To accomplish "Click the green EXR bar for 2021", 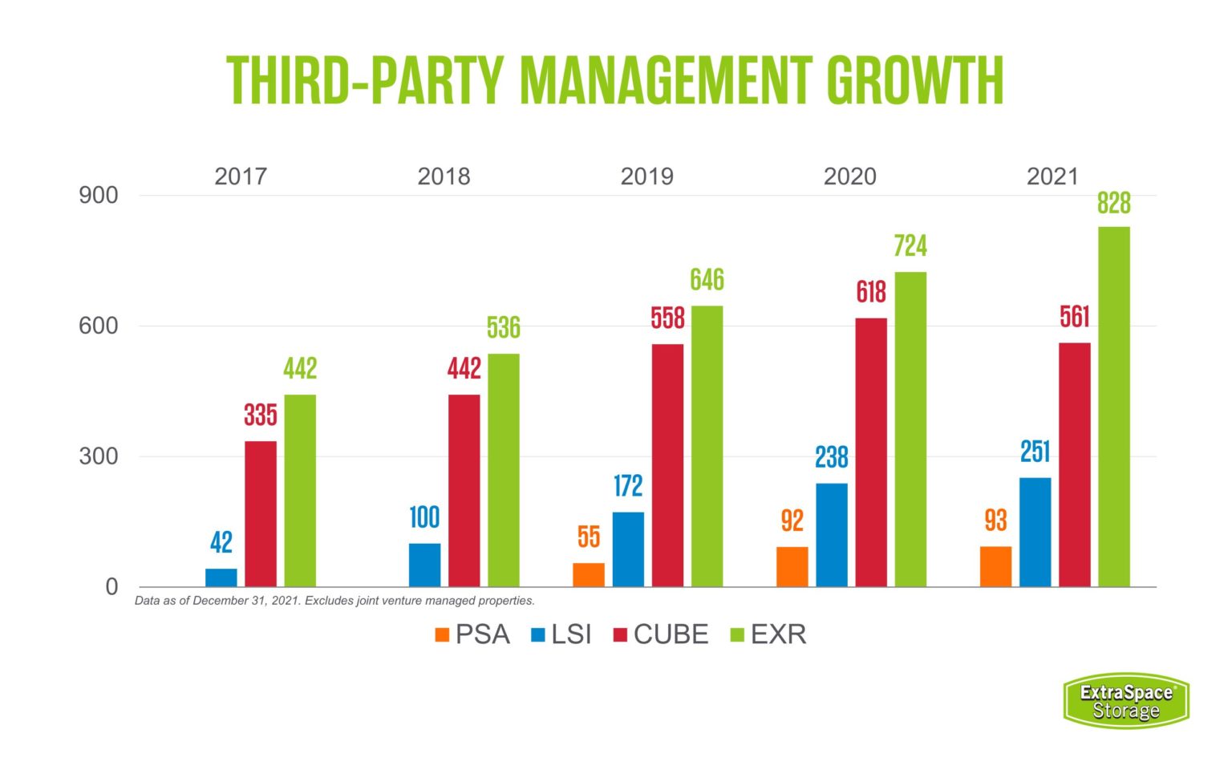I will pos(1113,407).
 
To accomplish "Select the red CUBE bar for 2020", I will pos(871,452).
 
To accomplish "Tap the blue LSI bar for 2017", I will pos(221,577).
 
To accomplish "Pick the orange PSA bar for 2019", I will pos(589,574).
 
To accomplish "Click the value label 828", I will pos(1113,203).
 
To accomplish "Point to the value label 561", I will pos(1074,317).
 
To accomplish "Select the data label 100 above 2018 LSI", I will pos(424,517).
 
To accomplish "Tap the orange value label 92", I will pos(792,521).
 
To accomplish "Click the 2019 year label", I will pos(646,176).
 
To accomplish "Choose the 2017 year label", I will pos(240,176).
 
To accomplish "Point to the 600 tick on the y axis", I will pos(98,326).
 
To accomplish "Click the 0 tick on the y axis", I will pos(111,587).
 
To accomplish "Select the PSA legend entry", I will pos(472,634).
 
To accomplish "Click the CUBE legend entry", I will pos(661,634).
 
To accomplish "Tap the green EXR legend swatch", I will pos(737,635).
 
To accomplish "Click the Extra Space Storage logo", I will pos(1125,701).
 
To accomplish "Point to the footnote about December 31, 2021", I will pos(334,601).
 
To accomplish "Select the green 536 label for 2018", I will pos(503,328).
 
